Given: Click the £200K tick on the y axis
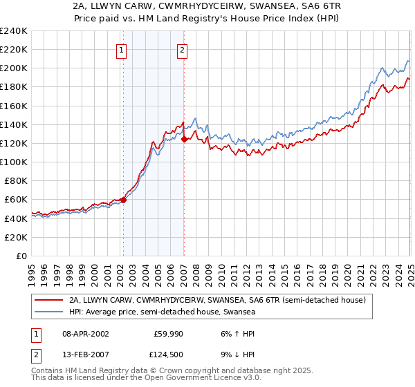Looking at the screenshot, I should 13,68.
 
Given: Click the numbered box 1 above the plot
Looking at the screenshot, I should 122,49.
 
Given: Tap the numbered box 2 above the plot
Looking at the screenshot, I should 182,49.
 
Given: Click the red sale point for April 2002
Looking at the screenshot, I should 123,200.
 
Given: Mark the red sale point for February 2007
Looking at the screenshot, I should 184,139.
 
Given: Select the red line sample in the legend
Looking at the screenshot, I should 48,300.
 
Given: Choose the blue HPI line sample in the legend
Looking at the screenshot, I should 48,312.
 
